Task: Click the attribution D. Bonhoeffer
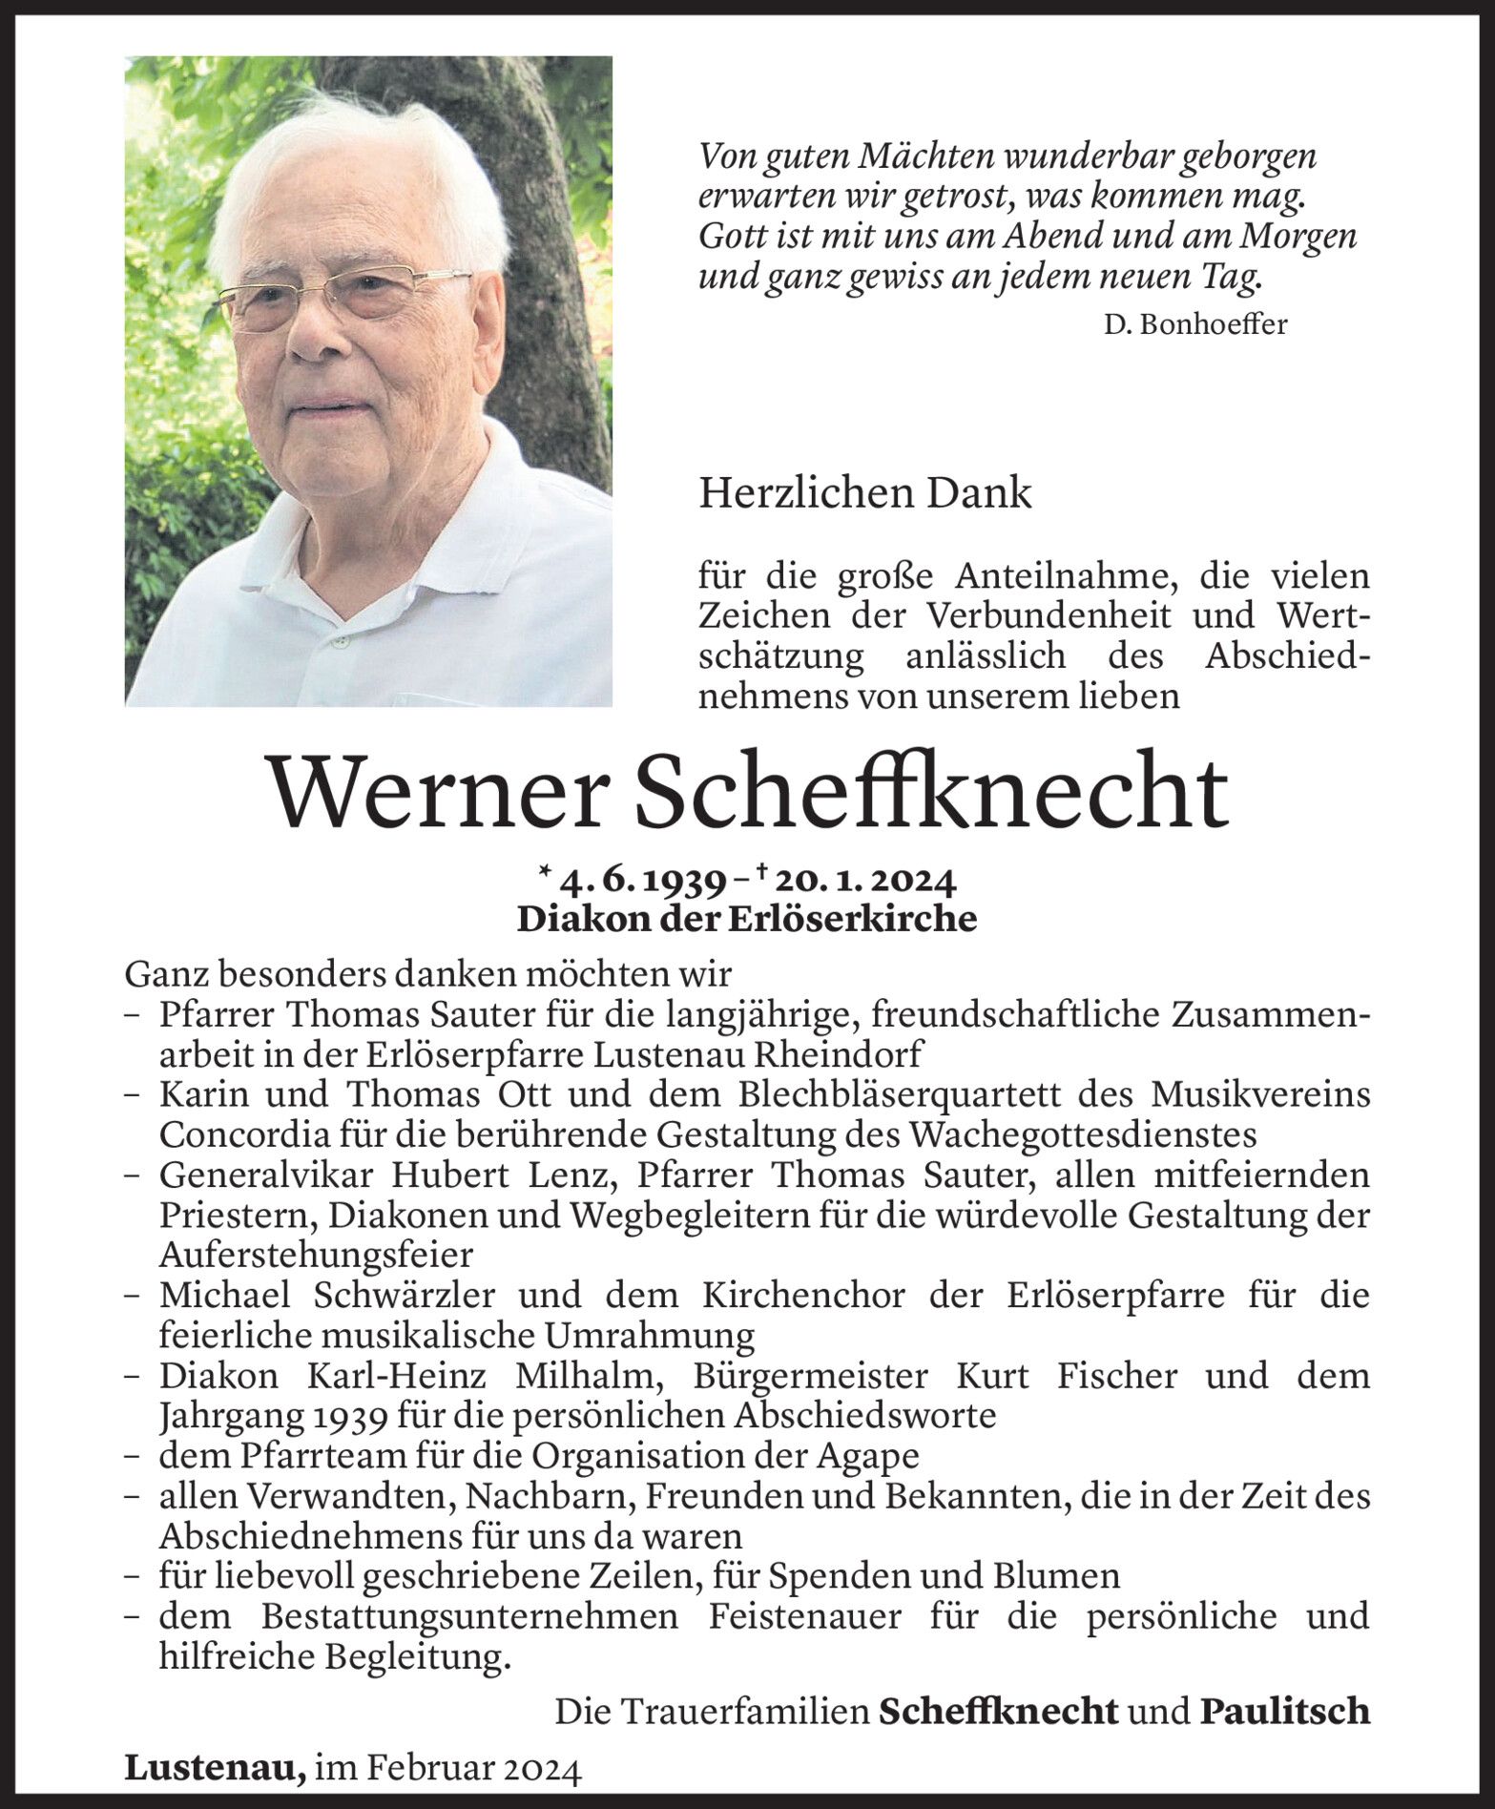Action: [x=1194, y=325]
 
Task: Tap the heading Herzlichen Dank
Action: [x=865, y=493]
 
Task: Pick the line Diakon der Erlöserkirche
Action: [x=747, y=919]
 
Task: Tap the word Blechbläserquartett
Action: [x=943, y=1094]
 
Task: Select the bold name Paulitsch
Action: [x=1284, y=1712]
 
